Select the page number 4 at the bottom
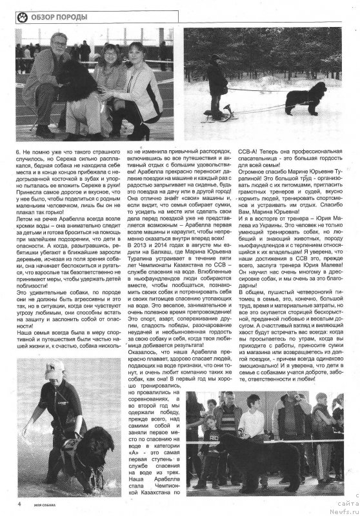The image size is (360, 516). click(x=19, y=504)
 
